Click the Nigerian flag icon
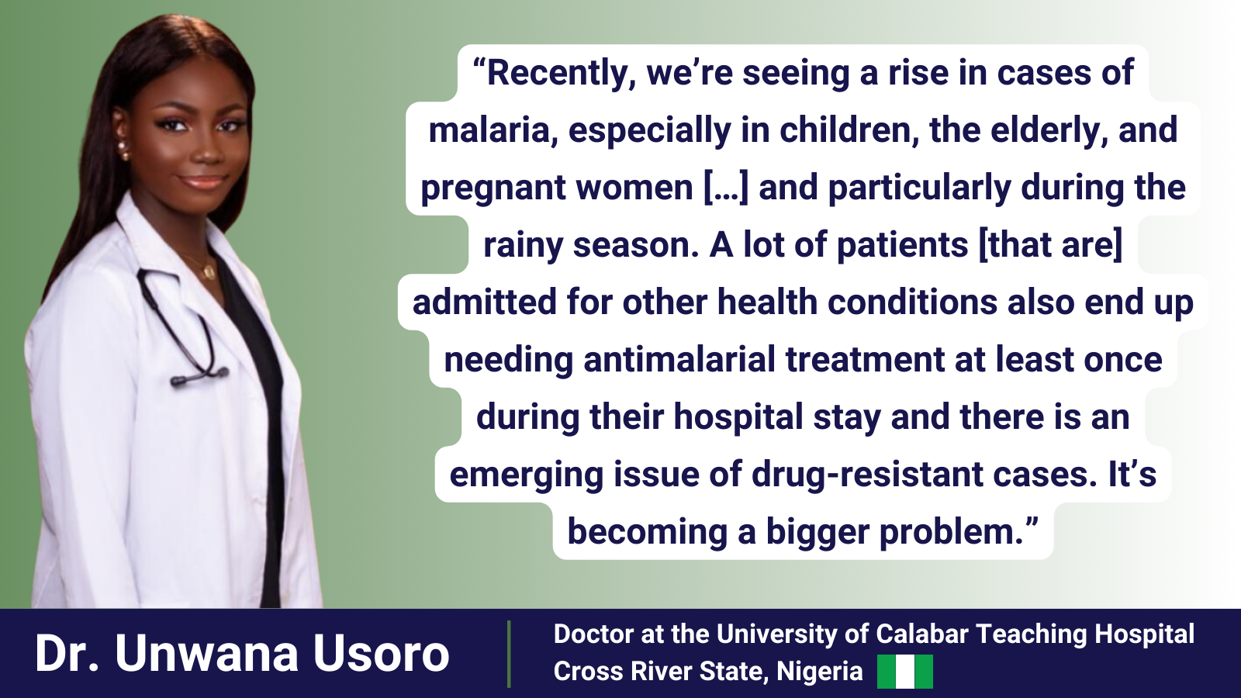[904, 672]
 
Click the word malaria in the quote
[493, 130]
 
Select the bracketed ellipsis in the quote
[726, 188]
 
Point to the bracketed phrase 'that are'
[1051, 245]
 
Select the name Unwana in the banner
[209, 654]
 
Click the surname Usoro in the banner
[381, 654]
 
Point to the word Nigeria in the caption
[820, 672]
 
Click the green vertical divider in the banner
[509, 654]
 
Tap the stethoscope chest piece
[179, 381]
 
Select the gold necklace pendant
[209, 272]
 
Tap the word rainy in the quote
[523, 245]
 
